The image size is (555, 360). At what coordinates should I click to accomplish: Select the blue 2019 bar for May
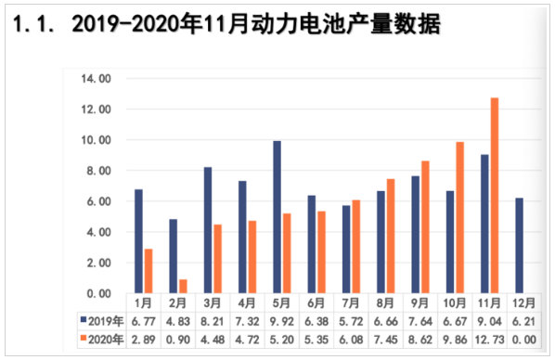coord(277,217)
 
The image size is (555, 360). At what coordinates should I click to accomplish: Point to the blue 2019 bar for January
coord(138,241)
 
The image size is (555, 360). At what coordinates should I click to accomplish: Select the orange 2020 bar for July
coord(356,247)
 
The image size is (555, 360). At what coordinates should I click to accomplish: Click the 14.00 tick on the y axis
coord(97,79)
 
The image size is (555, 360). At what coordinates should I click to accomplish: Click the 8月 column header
coord(386,303)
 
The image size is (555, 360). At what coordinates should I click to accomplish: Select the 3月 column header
coord(213,303)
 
